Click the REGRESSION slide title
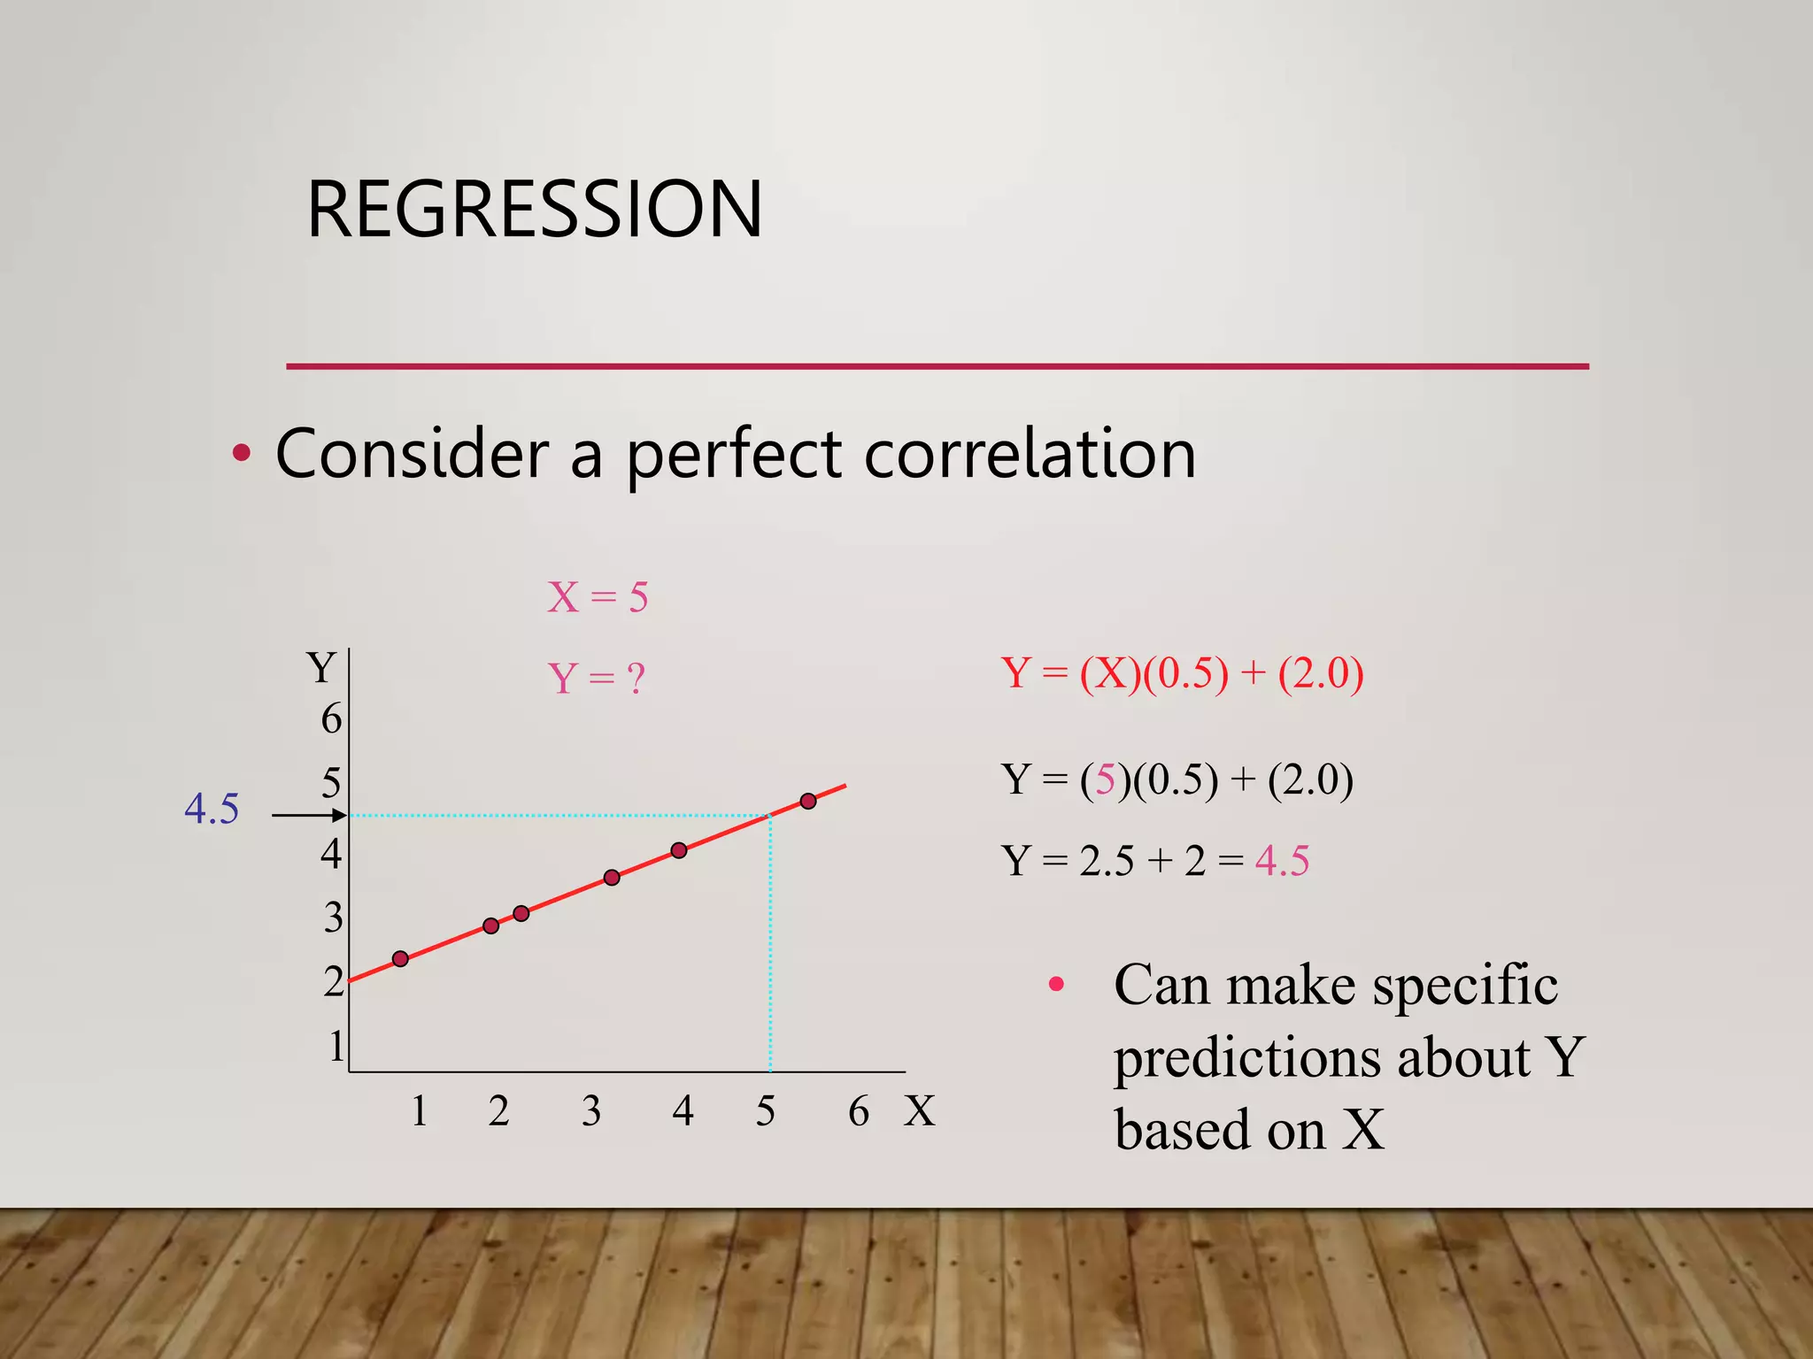[x=534, y=210]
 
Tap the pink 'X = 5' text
[x=598, y=597]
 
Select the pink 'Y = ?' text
[x=596, y=679]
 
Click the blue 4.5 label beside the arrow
[x=212, y=809]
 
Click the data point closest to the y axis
[x=400, y=959]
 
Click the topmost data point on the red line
[x=808, y=802]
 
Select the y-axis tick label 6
[x=331, y=718]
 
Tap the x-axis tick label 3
[x=591, y=1111]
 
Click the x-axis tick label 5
[x=766, y=1111]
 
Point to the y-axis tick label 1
[x=336, y=1047]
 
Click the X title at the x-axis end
[x=919, y=1111]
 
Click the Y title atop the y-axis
[x=320, y=668]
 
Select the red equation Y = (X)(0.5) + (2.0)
[x=1182, y=673]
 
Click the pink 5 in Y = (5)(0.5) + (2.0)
[x=1105, y=779]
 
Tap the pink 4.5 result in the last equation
[x=1282, y=861]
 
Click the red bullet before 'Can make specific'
[x=1055, y=984]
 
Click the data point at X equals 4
[x=679, y=850]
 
